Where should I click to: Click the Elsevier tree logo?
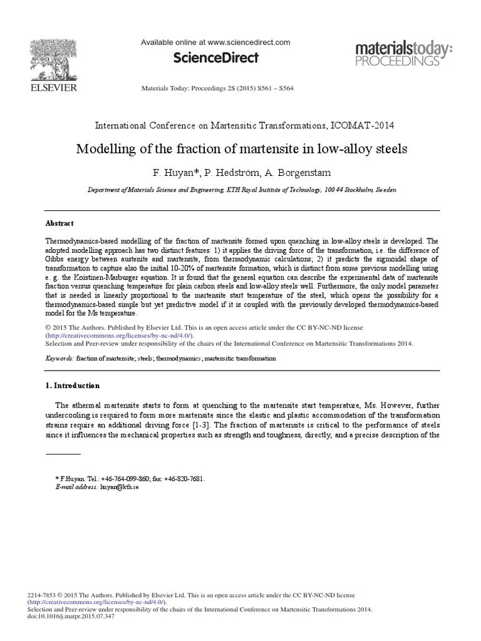(x=53, y=61)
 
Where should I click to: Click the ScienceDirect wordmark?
(x=215, y=58)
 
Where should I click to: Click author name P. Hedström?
(x=234, y=172)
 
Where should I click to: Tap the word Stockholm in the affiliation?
(x=355, y=189)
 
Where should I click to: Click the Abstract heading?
(x=59, y=223)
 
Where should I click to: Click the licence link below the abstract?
(x=120, y=336)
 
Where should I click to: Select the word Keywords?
(x=59, y=359)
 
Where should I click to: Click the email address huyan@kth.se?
(x=118, y=487)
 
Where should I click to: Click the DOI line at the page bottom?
(x=71, y=616)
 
